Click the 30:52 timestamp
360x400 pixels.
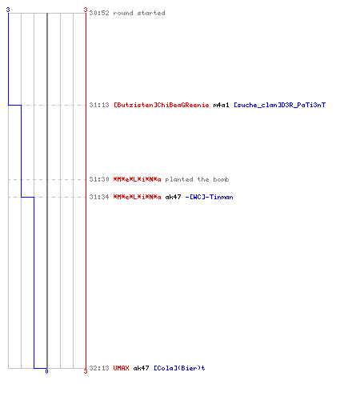(99, 13)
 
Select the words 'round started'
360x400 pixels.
(139, 13)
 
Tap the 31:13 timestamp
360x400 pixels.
(99, 105)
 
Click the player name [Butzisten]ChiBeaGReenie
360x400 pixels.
(162, 105)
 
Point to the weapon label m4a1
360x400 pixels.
(221, 105)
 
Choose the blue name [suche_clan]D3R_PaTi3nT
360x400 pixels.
(279, 105)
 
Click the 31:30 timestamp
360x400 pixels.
(99, 179)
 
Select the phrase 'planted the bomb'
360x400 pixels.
(197, 179)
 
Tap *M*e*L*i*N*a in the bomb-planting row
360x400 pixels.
(138, 179)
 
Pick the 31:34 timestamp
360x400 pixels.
(99, 197)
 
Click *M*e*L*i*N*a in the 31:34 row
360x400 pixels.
(138, 197)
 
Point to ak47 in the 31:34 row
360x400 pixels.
(173, 197)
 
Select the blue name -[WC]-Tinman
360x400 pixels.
(209, 197)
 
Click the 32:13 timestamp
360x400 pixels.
(99, 368)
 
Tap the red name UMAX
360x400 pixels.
(121, 368)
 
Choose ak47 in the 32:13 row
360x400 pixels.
(141, 368)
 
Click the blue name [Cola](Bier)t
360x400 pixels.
(179, 368)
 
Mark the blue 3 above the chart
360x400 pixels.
(8, 10)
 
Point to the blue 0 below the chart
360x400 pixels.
(46, 371)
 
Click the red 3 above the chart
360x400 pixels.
(86, 10)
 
